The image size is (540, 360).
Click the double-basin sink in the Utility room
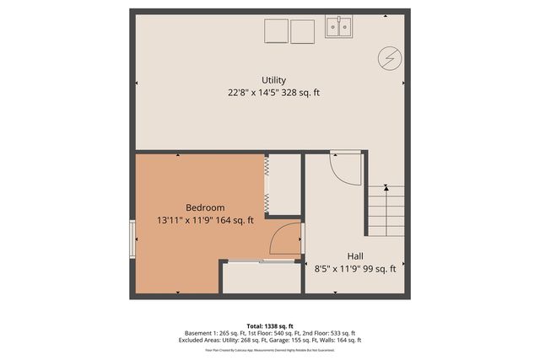[339, 29]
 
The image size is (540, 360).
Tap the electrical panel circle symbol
[390, 57]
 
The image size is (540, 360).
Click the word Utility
[273, 80]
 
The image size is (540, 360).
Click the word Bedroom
[205, 207]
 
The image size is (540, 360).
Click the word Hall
[355, 255]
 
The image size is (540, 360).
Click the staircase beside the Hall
[385, 211]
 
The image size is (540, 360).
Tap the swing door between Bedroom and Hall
[286, 239]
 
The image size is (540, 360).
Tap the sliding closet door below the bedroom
[260, 262]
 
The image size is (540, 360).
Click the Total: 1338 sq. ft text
[270, 325]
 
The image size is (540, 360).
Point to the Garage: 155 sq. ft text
[293, 341]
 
